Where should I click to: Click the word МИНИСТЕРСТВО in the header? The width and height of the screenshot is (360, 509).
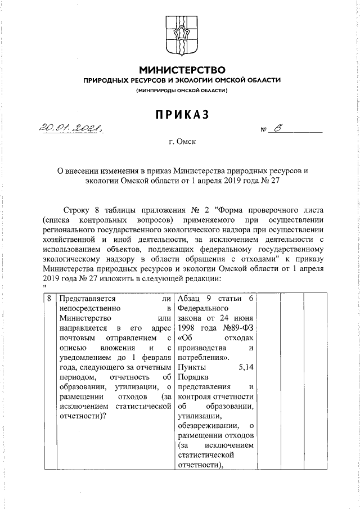point(182,70)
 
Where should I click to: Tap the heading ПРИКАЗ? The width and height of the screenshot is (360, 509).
point(182,114)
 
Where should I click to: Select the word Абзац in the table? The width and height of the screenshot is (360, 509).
point(190,299)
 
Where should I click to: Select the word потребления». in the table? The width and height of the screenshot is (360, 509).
point(203,357)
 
